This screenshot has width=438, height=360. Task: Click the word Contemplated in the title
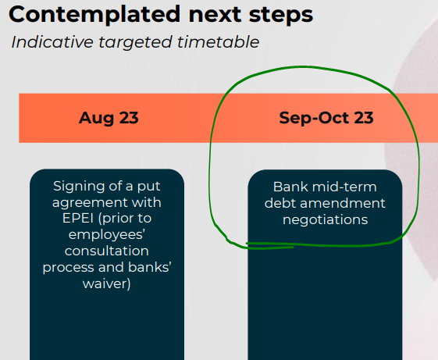(94, 15)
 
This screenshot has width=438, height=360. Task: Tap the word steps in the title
(281, 15)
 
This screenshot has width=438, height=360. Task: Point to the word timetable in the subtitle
(218, 42)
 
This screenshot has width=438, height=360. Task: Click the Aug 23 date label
(109, 118)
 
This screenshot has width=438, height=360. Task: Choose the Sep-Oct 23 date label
(326, 118)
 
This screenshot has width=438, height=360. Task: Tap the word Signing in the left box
(75, 187)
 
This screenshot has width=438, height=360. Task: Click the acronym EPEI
(78, 218)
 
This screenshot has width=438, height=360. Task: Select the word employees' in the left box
(106, 234)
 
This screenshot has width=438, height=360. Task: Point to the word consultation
(107, 251)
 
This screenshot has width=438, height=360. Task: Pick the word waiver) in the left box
(107, 283)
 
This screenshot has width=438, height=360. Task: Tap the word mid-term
(344, 187)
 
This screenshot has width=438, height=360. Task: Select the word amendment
(343, 203)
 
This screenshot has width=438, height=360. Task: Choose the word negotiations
(325, 220)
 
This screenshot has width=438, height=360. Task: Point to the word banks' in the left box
(150, 267)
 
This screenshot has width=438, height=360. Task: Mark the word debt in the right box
(280, 203)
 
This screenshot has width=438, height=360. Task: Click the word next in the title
(215, 16)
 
